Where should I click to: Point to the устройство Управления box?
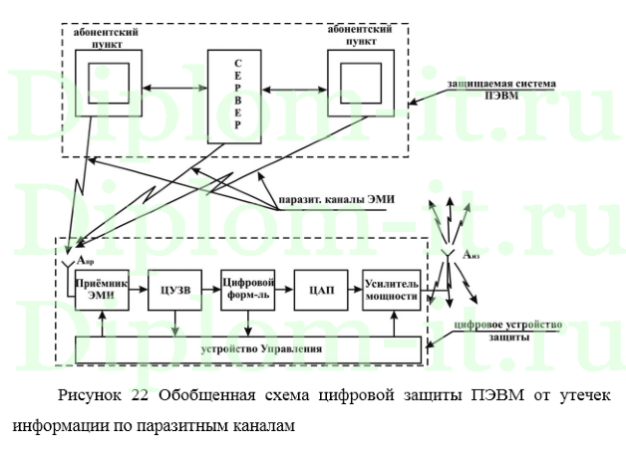coord(246,349)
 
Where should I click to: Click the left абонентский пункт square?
coord(107,88)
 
